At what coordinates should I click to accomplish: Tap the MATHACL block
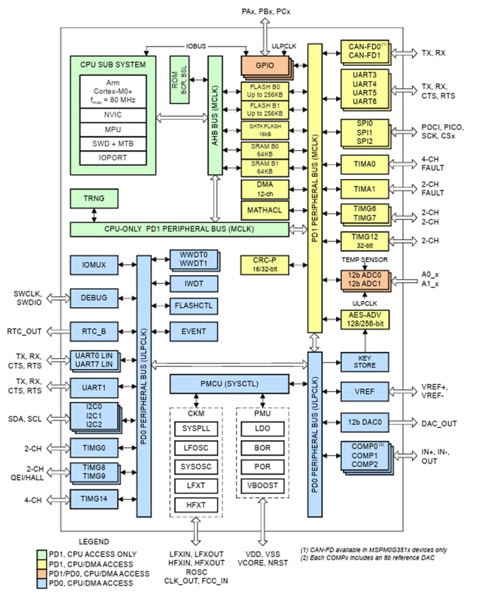point(263,209)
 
